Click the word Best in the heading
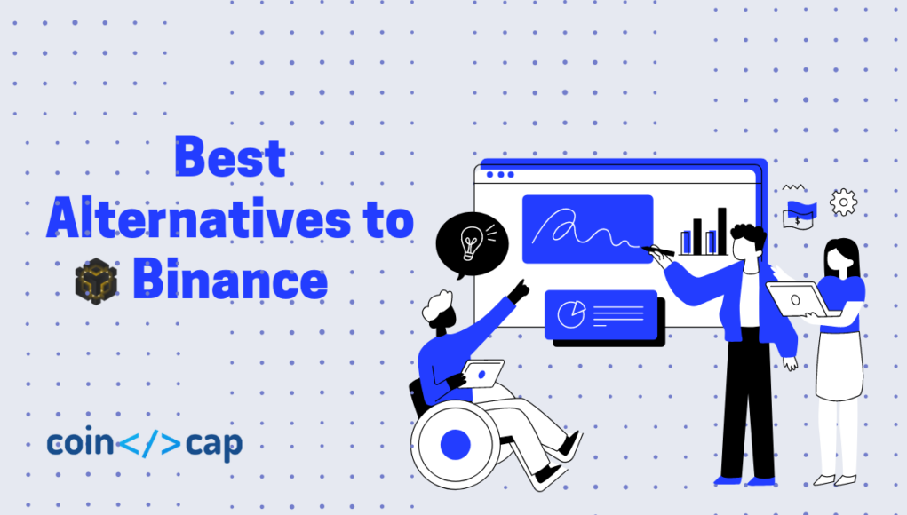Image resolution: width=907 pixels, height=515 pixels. [x=230, y=157]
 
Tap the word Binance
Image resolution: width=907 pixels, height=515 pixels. [x=230, y=281]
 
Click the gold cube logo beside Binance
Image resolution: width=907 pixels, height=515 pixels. [x=96, y=281]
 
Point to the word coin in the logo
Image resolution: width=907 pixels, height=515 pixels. [x=80, y=443]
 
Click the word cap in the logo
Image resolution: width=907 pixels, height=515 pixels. [x=214, y=445]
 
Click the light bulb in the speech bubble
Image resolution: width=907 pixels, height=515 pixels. [x=471, y=242]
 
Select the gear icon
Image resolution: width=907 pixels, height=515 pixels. [x=843, y=202]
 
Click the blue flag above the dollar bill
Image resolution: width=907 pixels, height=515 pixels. [x=801, y=209]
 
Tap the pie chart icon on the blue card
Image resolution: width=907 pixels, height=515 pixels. [x=571, y=313]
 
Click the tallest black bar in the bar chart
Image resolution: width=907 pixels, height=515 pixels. [x=722, y=231]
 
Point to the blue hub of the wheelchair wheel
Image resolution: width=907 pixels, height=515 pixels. [x=455, y=444]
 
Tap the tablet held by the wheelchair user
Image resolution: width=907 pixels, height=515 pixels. [x=483, y=374]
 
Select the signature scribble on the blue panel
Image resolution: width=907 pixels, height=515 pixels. [x=585, y=230]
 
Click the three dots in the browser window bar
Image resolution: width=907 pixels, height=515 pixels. [x=500, y=175]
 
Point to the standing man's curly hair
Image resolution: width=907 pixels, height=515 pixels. [x=749, y=235]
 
